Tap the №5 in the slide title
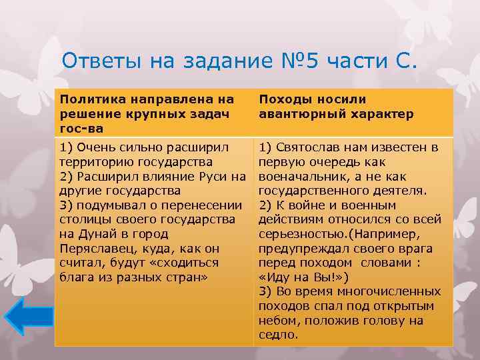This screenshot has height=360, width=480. (295, 61)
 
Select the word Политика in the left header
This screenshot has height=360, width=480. (87, 99)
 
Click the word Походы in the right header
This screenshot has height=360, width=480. (282, 99)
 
